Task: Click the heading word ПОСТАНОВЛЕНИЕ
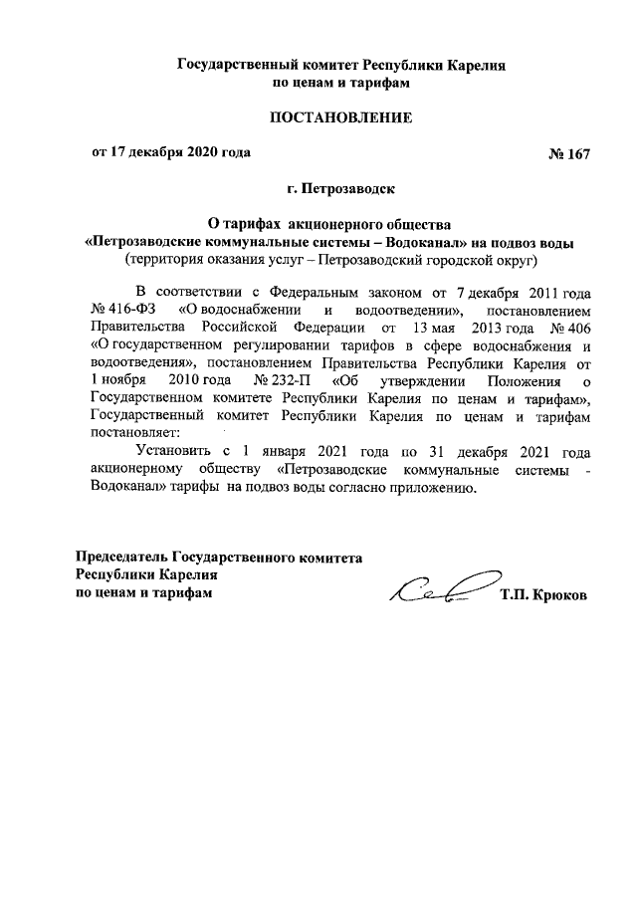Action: [x=342, y=118]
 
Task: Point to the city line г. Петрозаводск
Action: [x=342, y=187]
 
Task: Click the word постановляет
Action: [x=134, y=433]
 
